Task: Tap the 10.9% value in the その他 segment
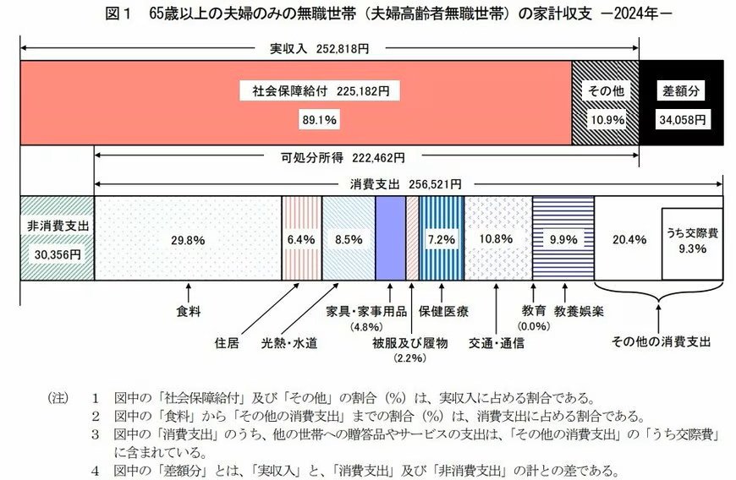pyautogui.click(x=606, y=120)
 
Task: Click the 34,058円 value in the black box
pyautogui.click(x=683, y=120)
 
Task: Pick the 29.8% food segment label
pyautogui.click(x=188, y=240)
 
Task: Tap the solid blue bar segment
pyautogui.click(x=390, y=238)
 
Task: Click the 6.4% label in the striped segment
pyautogui.click(x=301, y=240)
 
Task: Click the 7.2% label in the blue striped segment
pyautogui.click(x=441, y=240)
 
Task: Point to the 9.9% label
pyautogui.click(x=563, y=240)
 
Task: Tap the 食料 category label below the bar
pyautogui.click(x=188, y=311)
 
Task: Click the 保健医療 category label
pyautogui.click(x=443, y=311)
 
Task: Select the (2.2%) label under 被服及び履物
pyautogui.click(x=409, y=358)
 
